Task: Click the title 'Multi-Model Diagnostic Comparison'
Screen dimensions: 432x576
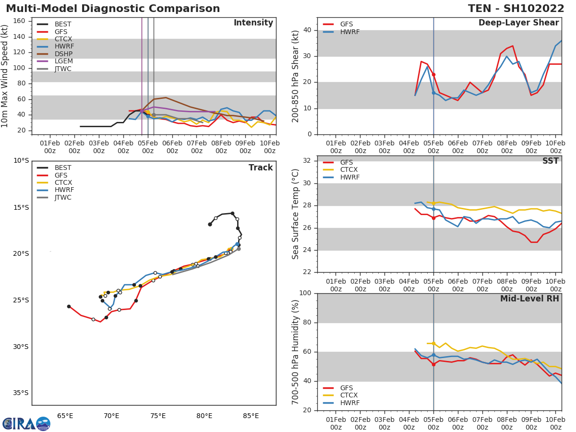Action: click(x=113, y=9)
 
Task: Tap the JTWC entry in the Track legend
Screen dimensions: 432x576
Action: click(x=63, y=197)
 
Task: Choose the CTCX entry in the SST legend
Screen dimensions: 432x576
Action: click(x=349, y=169)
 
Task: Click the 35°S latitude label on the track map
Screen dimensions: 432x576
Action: click(x=21, y=393)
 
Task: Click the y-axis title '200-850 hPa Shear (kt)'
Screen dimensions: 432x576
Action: click(x=296, y=76)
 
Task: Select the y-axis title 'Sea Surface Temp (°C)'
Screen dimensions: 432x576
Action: click(x=296, y=214)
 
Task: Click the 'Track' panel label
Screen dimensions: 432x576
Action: click(x=260, y=168)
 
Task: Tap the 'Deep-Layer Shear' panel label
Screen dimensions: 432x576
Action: click(x=518, y=23)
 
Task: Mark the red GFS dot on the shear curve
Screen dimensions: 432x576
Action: click(x=433, y=74)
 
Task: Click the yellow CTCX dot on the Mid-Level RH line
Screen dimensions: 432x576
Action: click(x=433, y=344)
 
